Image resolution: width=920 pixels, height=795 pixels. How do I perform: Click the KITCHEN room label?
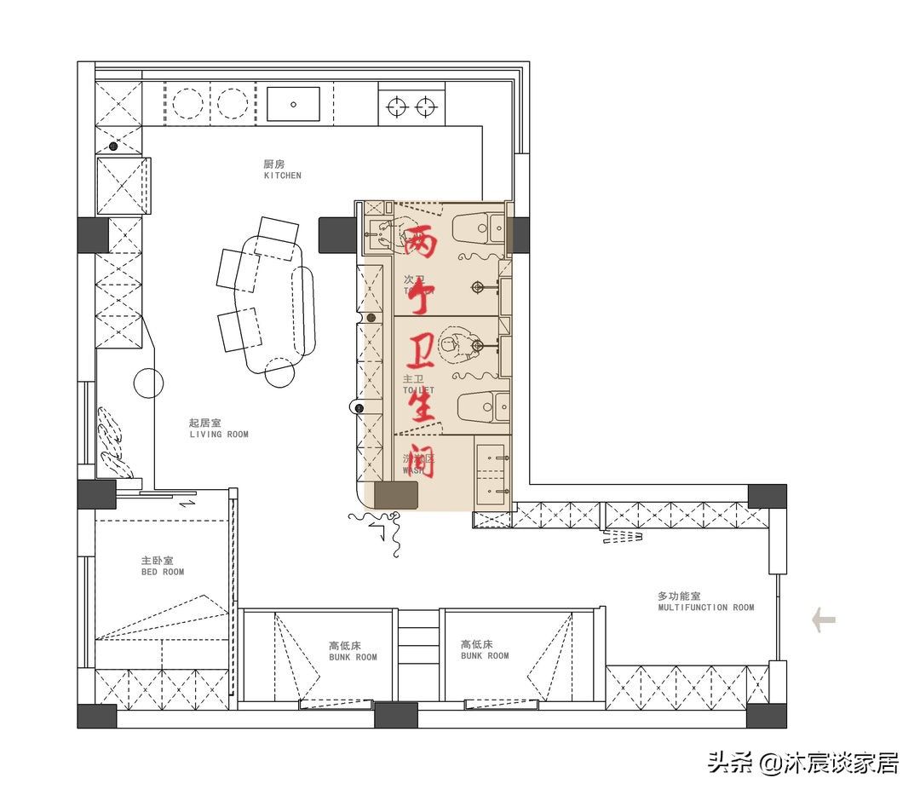point(282,170)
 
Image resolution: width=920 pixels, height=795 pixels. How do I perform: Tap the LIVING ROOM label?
point(218,429)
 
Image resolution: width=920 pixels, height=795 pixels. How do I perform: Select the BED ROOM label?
point(162,567)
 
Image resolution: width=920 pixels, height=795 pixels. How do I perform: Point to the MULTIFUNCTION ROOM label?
point(705,602)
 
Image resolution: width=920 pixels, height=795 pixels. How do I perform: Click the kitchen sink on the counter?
point(293,104)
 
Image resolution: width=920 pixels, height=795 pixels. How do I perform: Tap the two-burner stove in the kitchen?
point(411,107)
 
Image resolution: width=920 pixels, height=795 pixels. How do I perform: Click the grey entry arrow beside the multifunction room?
point(824,619)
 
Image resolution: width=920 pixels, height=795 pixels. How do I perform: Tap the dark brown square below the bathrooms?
point(396,495)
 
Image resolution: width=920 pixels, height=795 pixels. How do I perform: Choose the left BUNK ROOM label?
point(353,651)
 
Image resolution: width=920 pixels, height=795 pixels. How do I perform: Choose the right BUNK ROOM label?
point(485,650)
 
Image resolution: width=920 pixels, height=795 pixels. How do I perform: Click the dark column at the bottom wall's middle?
point(396,715)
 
